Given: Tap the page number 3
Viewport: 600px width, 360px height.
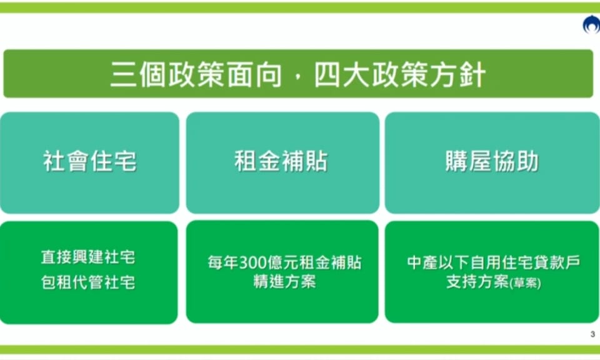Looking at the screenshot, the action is point(592,334).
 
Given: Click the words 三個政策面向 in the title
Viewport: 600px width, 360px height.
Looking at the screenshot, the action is point(196,74).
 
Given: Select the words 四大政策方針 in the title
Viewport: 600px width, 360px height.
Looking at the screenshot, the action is point(400,74).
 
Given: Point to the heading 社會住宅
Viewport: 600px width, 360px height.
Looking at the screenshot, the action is point(89,161).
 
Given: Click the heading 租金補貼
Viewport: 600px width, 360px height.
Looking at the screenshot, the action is point(281,161).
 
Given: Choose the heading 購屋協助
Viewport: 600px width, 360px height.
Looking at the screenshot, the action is point(492,161).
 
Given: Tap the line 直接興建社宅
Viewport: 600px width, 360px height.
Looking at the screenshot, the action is point(88,257).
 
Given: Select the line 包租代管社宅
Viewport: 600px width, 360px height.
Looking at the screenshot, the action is point(88,282).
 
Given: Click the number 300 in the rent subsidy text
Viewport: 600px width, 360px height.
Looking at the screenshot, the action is point(252,263).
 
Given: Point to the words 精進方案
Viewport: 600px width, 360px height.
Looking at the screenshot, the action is point(285,282).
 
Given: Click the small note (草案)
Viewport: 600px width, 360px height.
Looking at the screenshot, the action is point(526,283).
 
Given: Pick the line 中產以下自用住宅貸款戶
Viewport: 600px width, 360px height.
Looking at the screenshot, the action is point(494,262).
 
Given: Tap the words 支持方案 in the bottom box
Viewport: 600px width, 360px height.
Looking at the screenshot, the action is point(478,282).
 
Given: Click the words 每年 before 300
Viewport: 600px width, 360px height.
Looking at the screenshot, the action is point(223,263).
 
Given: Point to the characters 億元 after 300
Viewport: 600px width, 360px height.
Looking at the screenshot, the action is point(282,263).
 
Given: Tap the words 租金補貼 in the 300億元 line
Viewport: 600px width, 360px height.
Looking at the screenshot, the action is point(330,263).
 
